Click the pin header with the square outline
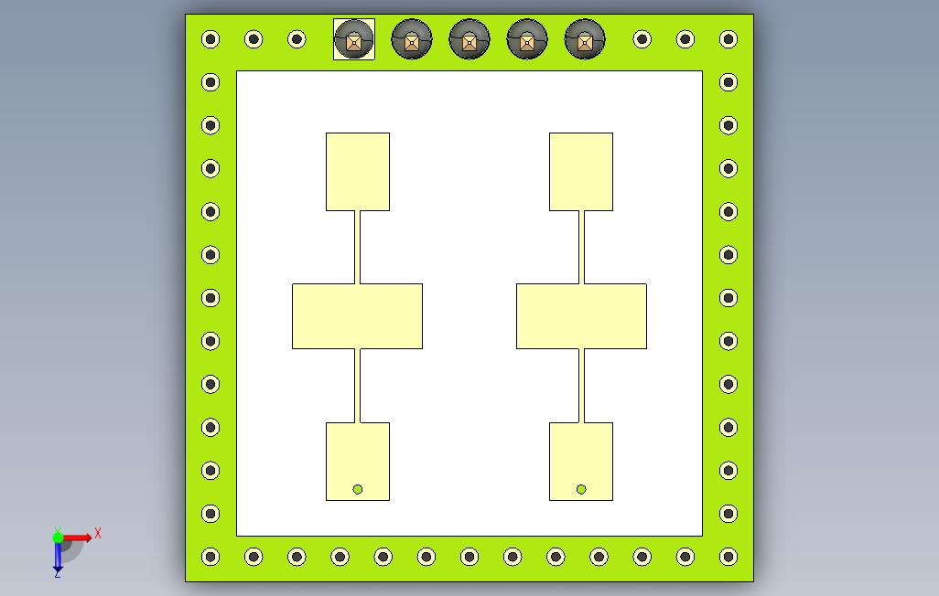[x=354, y=39]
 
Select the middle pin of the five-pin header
[x=469, y=39]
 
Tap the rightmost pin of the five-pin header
[x=585, y=39]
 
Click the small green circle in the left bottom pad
[x=358, y=489]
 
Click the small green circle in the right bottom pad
[x=581, y=489]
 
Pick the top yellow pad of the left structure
[x=358, y=172]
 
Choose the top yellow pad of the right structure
[x=581, y=172]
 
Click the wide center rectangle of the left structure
[x=358, y=316]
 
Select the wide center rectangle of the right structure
[x=581, y=316]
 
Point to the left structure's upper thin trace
[x=358, y=247]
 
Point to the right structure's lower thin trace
[x=581, y=386]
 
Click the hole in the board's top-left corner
[x=210, y=39]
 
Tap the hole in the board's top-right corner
[x=729, y=39]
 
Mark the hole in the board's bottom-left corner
[x=210, y=557]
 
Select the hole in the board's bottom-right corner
[x=729, y=557]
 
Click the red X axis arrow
[x=77, y=537]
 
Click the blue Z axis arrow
[x=58, y=556]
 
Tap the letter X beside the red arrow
[x=98, y=533]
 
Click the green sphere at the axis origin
[x=58, y=537]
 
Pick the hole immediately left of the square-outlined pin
[x=297, y=39]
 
